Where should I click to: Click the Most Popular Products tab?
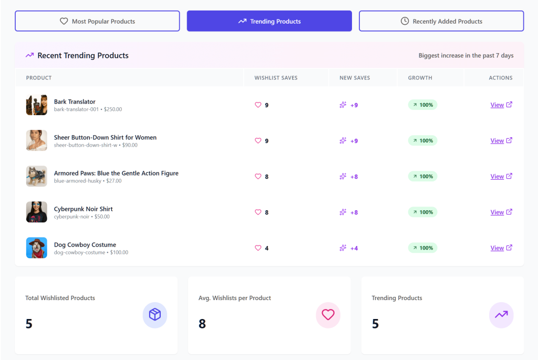click(x=97, y=22)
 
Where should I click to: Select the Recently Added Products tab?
click(x=441, y=22)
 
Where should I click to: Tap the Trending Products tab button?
click(x=269, y=22)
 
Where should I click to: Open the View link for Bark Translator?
click(x=497, y=105)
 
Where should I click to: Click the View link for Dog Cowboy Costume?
click(x=497, y=248)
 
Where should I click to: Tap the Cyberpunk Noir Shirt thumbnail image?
click(x=37, y=212)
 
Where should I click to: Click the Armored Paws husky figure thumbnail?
click(x=37, y=176)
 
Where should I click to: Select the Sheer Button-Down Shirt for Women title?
click(x=105, y=137)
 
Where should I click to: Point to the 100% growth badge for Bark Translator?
click(x=422, y=105)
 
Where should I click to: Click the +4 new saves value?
click(x=354, y=248)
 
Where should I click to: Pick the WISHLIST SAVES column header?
click(x=276, y=78)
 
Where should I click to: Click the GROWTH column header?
click(x=420, y=78)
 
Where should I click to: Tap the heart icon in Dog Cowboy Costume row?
click(x=258, y=248)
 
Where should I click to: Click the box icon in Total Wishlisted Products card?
click(x=155, y=315)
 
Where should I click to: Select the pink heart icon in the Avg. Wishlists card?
click(x=328, y=315)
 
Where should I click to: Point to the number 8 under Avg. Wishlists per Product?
click(x=202, y=324)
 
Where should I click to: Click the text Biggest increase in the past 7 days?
click(x=466, y=56)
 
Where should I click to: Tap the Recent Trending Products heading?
click(x=83, y=56)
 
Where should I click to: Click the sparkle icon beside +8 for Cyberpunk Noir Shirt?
click(x=343, y=212)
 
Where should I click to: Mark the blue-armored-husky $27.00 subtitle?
click(x=88, y=181)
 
